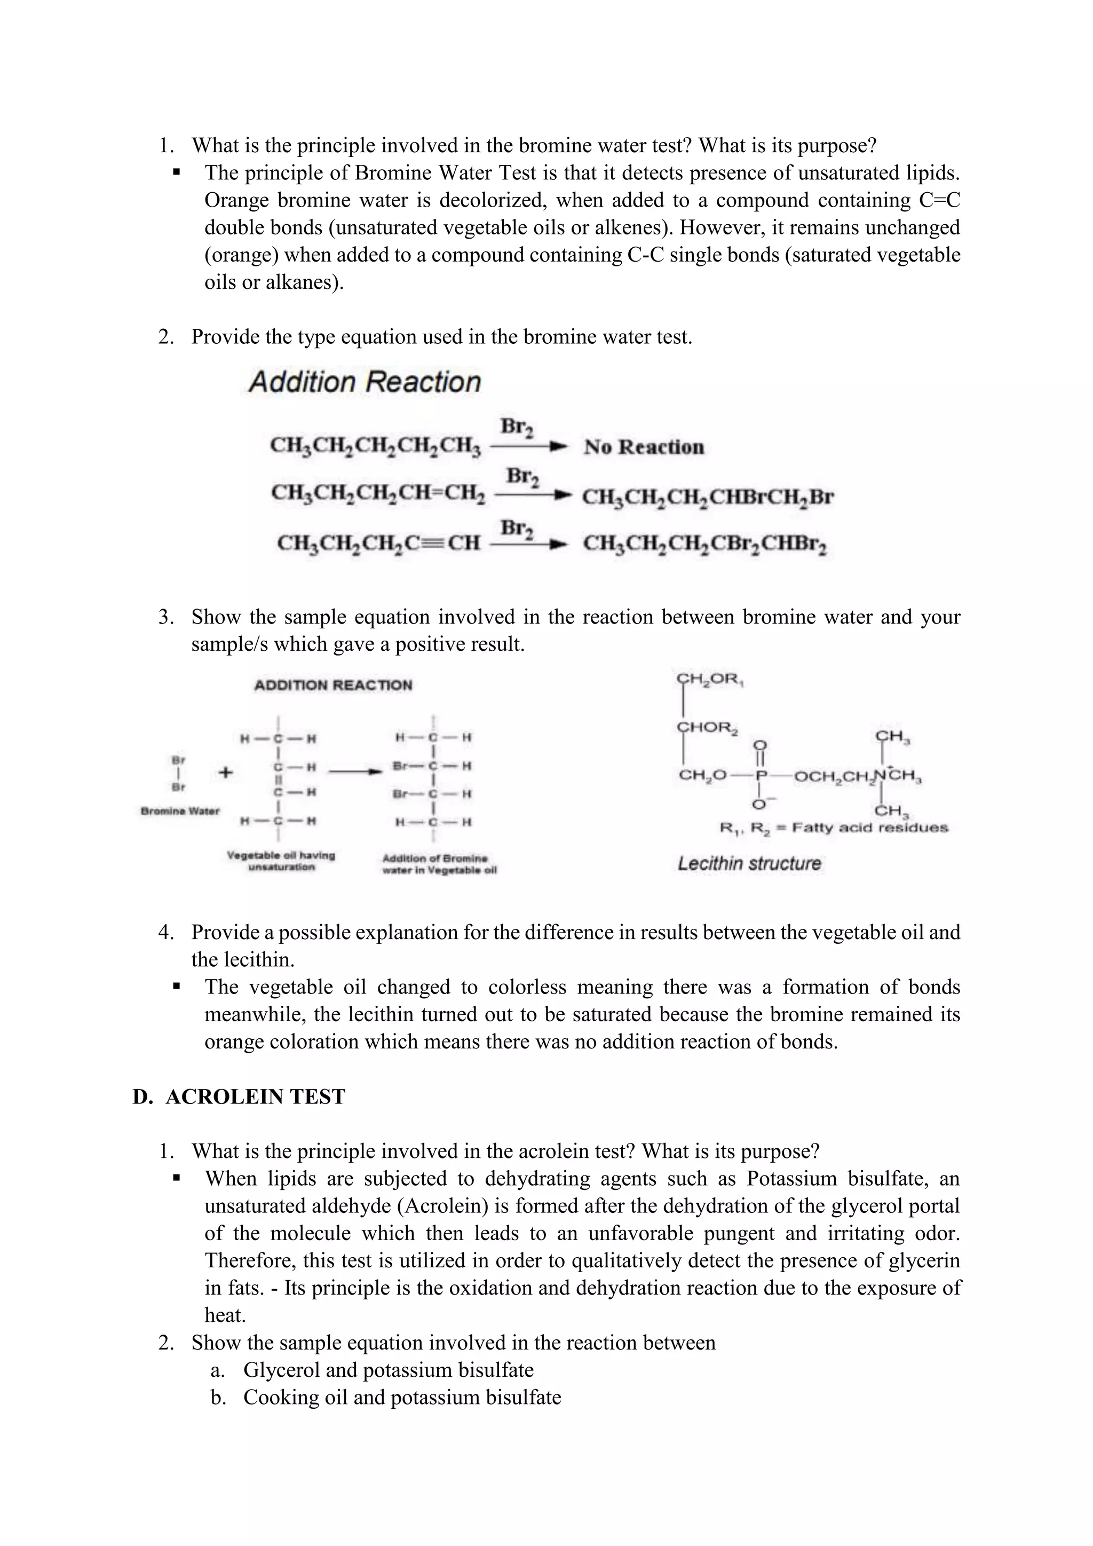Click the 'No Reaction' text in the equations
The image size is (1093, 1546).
644,447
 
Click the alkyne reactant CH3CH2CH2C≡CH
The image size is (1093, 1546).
378,543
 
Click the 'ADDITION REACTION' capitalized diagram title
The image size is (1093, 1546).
333,685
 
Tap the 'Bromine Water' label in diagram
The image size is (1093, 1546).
180,811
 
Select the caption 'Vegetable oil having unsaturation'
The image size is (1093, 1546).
281,861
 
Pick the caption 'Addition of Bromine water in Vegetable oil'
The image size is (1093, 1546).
439,864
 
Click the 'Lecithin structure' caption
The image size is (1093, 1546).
749,863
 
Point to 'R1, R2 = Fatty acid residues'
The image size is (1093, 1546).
833,827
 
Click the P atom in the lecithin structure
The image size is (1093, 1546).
761,776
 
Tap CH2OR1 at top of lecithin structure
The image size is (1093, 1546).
709,679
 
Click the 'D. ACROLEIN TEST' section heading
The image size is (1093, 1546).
239,1097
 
